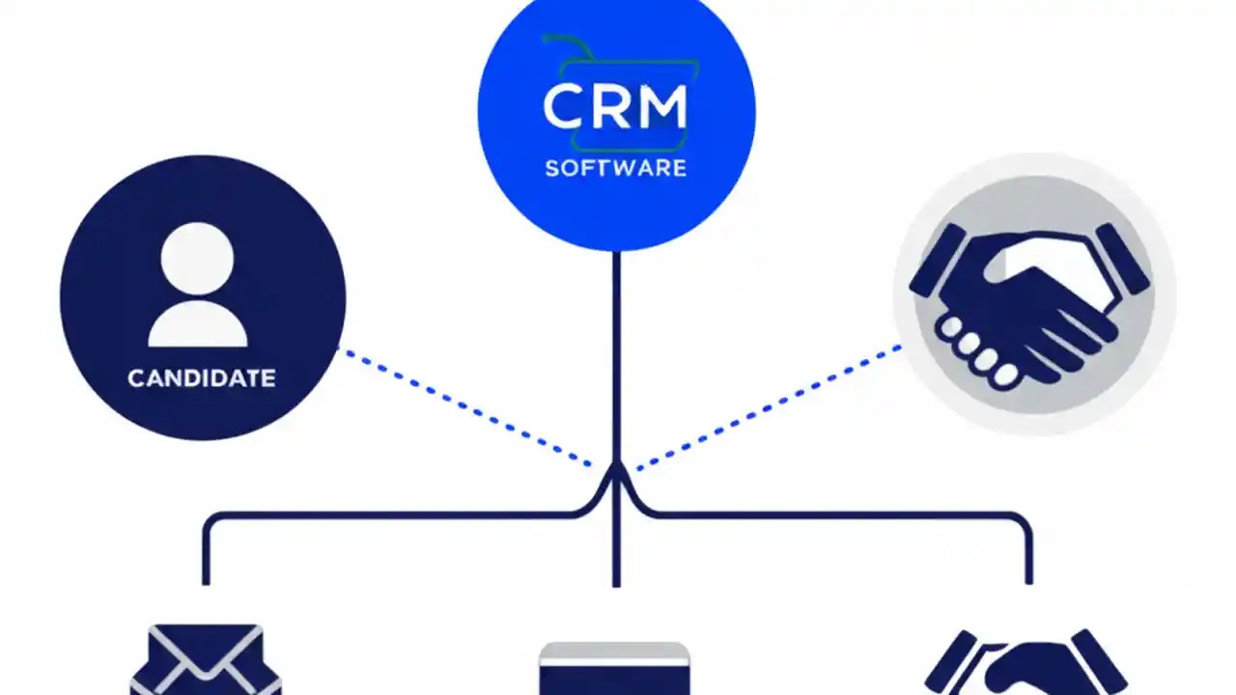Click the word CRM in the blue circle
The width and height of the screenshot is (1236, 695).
click(615, 107)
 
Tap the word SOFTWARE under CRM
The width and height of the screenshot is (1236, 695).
click(615, 168)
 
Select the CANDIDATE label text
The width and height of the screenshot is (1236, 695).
click(202, 377)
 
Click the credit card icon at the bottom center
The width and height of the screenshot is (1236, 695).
click(614, 668)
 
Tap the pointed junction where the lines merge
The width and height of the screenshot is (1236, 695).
click(616, 471)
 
